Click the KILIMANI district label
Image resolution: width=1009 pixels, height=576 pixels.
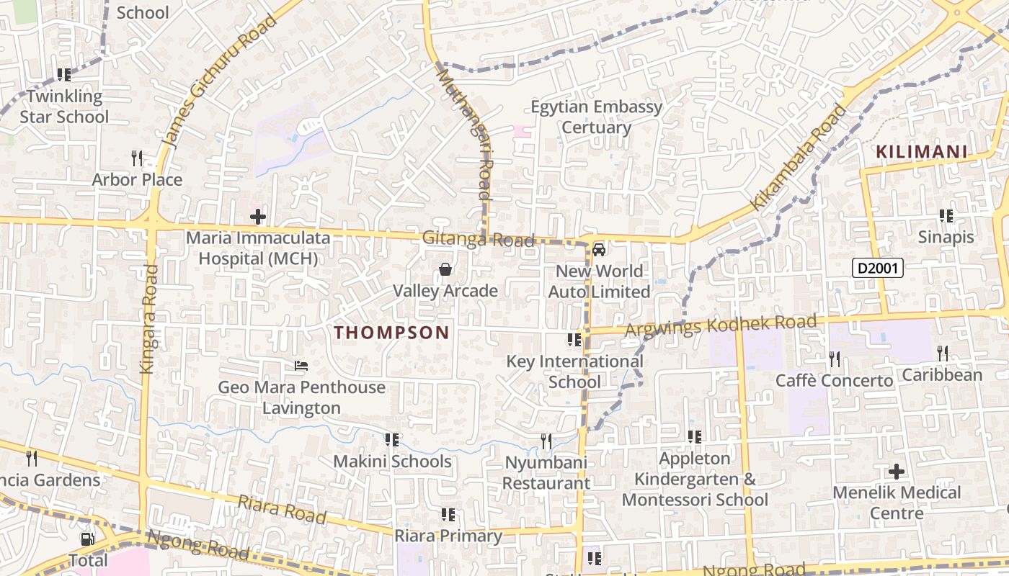click(921, 152)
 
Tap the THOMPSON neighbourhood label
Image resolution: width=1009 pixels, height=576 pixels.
click(392, 333)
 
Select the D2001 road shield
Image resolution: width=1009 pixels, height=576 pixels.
click(878, 269)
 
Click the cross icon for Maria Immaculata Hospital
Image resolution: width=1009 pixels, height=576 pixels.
click(257, 216)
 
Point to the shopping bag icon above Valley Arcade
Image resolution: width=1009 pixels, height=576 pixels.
click(445, 270)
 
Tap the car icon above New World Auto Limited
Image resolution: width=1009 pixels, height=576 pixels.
click(598, 250)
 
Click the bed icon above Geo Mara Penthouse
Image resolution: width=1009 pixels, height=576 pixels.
click(301, 366)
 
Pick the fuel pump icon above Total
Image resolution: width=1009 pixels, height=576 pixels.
click(87, 539)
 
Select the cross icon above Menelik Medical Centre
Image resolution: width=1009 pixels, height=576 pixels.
click(896, 472)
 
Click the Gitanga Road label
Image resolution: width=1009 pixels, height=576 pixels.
click(478, 239)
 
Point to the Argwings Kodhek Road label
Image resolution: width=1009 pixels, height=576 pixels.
click(721, 325)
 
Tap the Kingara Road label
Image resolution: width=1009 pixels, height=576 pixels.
click(148, 318)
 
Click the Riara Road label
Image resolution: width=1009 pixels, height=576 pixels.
click(282, 510)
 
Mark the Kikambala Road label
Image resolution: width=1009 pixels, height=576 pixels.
click(799, 157)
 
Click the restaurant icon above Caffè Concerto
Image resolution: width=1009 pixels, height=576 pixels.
click(834, 358)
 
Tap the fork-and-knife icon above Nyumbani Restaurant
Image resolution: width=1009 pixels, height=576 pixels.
click(546, 441)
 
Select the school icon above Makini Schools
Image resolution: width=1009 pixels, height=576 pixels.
click(391, 439)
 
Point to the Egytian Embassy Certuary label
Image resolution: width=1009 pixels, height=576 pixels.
click(596, 117)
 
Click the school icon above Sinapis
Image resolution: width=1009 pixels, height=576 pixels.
click(946, 215)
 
